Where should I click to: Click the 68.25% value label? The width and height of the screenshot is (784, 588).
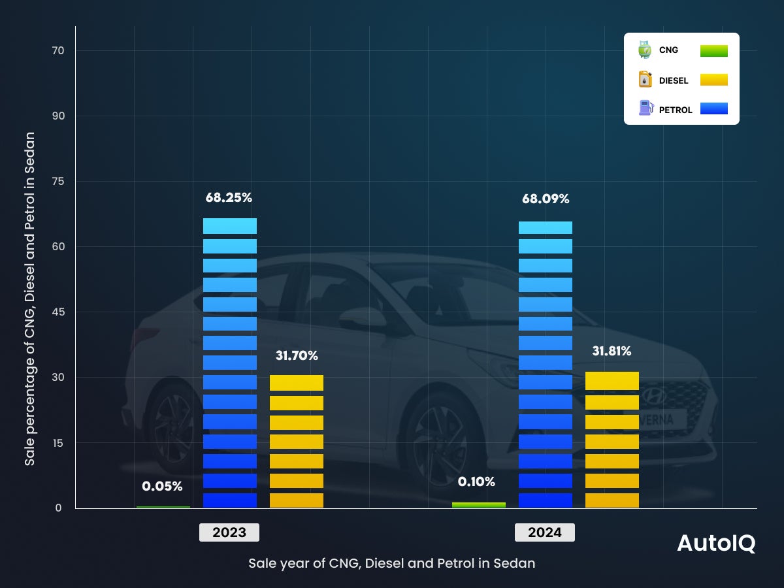pyautogui.click(x=229, y=197)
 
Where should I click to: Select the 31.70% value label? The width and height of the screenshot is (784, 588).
pyautogui.click(x=297, y=356)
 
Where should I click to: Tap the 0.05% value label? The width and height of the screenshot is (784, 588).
pyautogui.click(x=162, y=486)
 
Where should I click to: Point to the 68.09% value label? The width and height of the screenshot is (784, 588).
pyautogui.click(x=546, y=199)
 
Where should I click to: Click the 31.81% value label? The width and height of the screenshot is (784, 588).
pyautogui.click(x=612, y=351)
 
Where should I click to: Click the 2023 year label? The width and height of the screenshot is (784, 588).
pyautogui.click(x=229, y=532)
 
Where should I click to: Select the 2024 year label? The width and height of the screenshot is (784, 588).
pyautogui.click(x=545, y=532)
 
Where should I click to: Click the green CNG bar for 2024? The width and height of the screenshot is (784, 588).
pyautogui.click(x=479, y=505)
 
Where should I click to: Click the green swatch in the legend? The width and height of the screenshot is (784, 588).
pyautogui.click(x=713, y=51)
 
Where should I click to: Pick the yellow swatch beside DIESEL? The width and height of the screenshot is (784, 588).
pyautogui.click(x=713, y=80)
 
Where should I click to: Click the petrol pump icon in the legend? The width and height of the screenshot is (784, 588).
pyautogui.click(x=645, y=108)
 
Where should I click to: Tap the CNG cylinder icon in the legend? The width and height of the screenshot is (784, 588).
pyautogui.click(x=645, y=50)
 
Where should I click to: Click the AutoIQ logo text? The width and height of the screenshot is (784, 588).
pyautogui.click(x=716, y=544)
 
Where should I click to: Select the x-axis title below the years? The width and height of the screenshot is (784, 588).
pyautogui.click(x=391, y=563)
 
